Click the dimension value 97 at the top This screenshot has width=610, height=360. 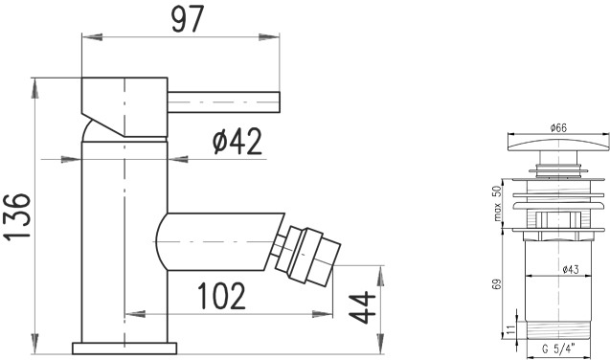(x=188, y=18)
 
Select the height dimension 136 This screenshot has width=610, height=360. (x=17, y=216)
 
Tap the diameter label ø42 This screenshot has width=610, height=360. (x=237, y=142)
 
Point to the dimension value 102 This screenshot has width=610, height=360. (x=221, y=296)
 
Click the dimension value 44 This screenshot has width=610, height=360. (x=362, y=307)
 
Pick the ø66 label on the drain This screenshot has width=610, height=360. (x=558, y=127)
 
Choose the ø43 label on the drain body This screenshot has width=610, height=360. (x=571, y=269)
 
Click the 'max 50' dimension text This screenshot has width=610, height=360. (x=497, y=203)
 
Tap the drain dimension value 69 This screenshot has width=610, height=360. (x=496, y=284)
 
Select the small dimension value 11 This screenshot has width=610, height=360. (x=511, y=330)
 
